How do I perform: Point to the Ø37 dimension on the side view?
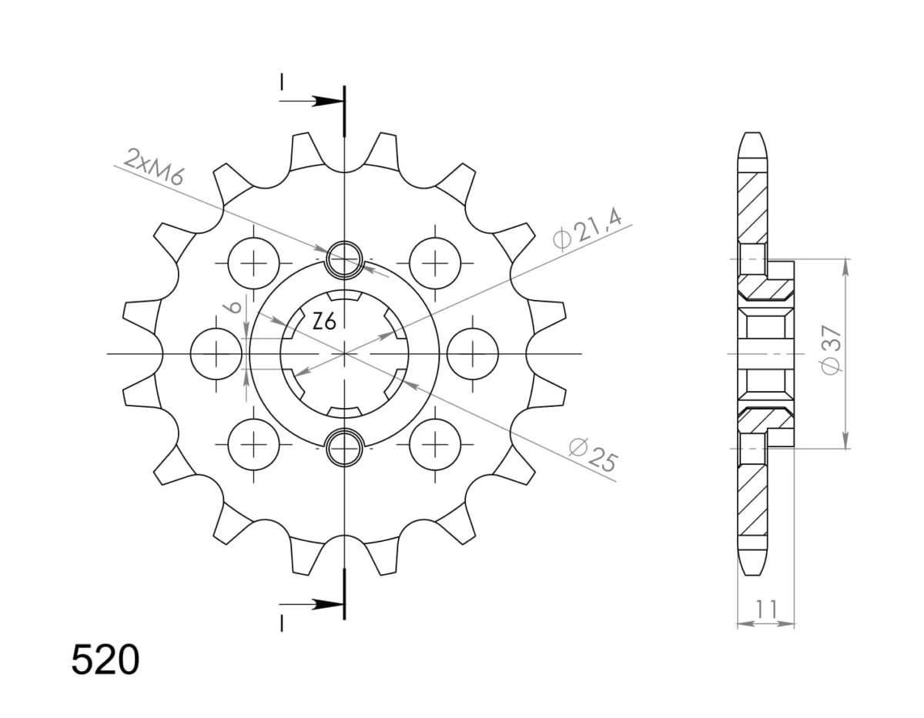(x=831, y=350)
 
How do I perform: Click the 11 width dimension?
(x=766, y=609)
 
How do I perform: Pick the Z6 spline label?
(x=324, y=322)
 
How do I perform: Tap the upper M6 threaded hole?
(x=344, y=259)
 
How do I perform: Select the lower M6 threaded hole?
(x=344, y=447)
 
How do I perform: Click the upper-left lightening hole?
(x=254, y=263)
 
